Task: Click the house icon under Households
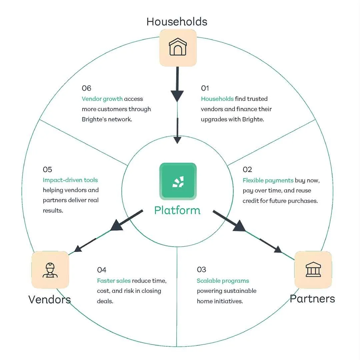click(x=178, y=48)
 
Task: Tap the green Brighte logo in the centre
click(x=178, y=181)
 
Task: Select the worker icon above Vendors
click(x=50, y=270)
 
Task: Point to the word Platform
click(x=177, y=211)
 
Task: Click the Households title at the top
click(x=177, y=22)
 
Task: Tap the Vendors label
click(x=49, y=299)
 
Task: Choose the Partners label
click(x=312, y=299)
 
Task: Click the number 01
click(x=205, y=88)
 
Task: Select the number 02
click(x=247, y=170)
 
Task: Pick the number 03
click(x=201, y=270)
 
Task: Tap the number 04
click(x=102, y=270)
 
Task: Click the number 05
click(x=47, y=170)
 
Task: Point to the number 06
click(x=86, y=88)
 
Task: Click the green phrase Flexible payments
click(x=268, y=180)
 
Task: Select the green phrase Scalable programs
click(x=223, y=281)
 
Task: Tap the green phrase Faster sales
click(x=114, y=281)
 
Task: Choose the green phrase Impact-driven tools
click(x=70, y=180)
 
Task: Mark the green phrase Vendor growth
click(x=102, y=99)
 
